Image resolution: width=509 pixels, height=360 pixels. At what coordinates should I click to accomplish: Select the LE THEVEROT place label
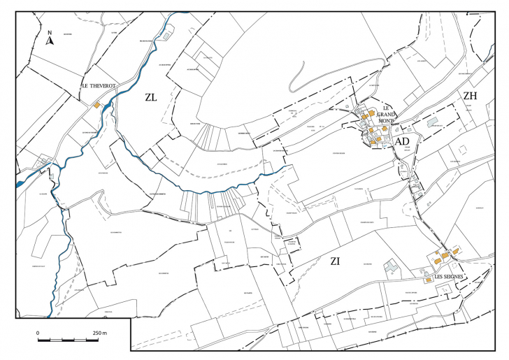99,85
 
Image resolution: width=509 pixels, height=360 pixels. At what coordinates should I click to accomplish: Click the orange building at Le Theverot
96,106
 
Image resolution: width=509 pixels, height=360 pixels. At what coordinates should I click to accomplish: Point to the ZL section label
151,98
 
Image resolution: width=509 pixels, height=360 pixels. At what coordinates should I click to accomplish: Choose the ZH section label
469,96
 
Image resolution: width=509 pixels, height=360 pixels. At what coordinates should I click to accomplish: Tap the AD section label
402,141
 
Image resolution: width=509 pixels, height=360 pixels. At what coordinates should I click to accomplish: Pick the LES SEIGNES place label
448,277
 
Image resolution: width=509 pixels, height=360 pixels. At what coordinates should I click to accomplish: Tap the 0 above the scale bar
38,333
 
